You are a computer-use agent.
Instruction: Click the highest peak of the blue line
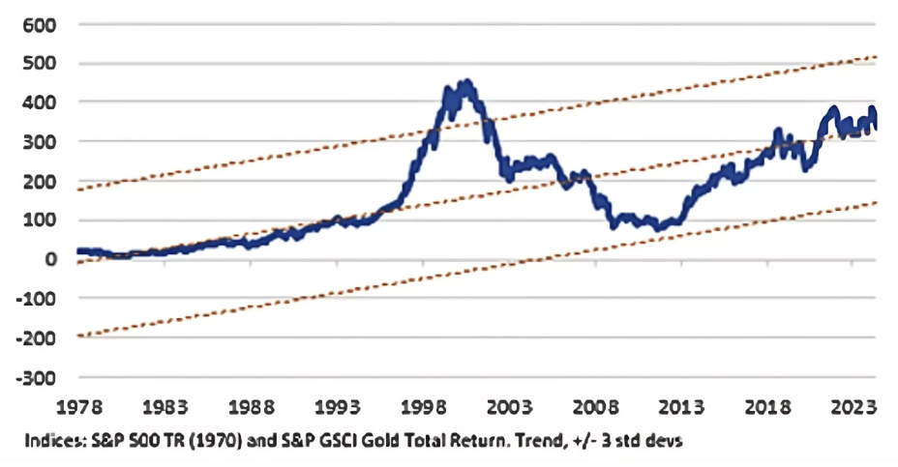click(467, 83)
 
